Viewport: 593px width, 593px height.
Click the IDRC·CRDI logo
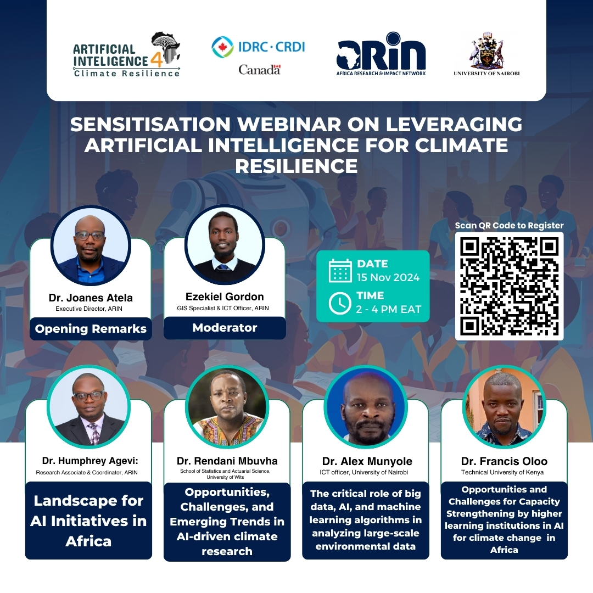(258, 55)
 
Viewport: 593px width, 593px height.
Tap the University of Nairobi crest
(486, 54)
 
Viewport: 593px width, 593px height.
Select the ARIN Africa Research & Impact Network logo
(381, 54)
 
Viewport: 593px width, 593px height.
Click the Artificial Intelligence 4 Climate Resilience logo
(127, 55)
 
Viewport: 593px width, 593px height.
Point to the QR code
(509, 286)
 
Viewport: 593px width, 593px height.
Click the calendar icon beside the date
(340, 271)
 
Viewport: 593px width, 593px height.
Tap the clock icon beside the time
(340, 303)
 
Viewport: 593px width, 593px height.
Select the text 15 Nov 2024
(388, 278)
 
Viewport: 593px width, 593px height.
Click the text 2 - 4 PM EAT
(388, 309)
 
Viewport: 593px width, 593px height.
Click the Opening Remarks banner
(91, 329)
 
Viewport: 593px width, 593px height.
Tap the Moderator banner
(225, 327)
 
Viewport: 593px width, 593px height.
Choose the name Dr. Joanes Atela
(91, 298)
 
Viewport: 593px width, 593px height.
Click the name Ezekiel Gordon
(225, 296)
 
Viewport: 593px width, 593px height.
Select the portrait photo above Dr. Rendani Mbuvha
(227, 406)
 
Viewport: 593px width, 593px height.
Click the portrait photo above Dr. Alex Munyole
(366, 406)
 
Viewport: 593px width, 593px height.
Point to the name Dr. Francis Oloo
(504, 461)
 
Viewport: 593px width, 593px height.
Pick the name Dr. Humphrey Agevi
(90, 461)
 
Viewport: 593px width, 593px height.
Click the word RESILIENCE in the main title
(296, 166)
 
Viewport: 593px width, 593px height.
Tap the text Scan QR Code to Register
(509, 226)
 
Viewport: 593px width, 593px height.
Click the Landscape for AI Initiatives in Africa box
(88, 521)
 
